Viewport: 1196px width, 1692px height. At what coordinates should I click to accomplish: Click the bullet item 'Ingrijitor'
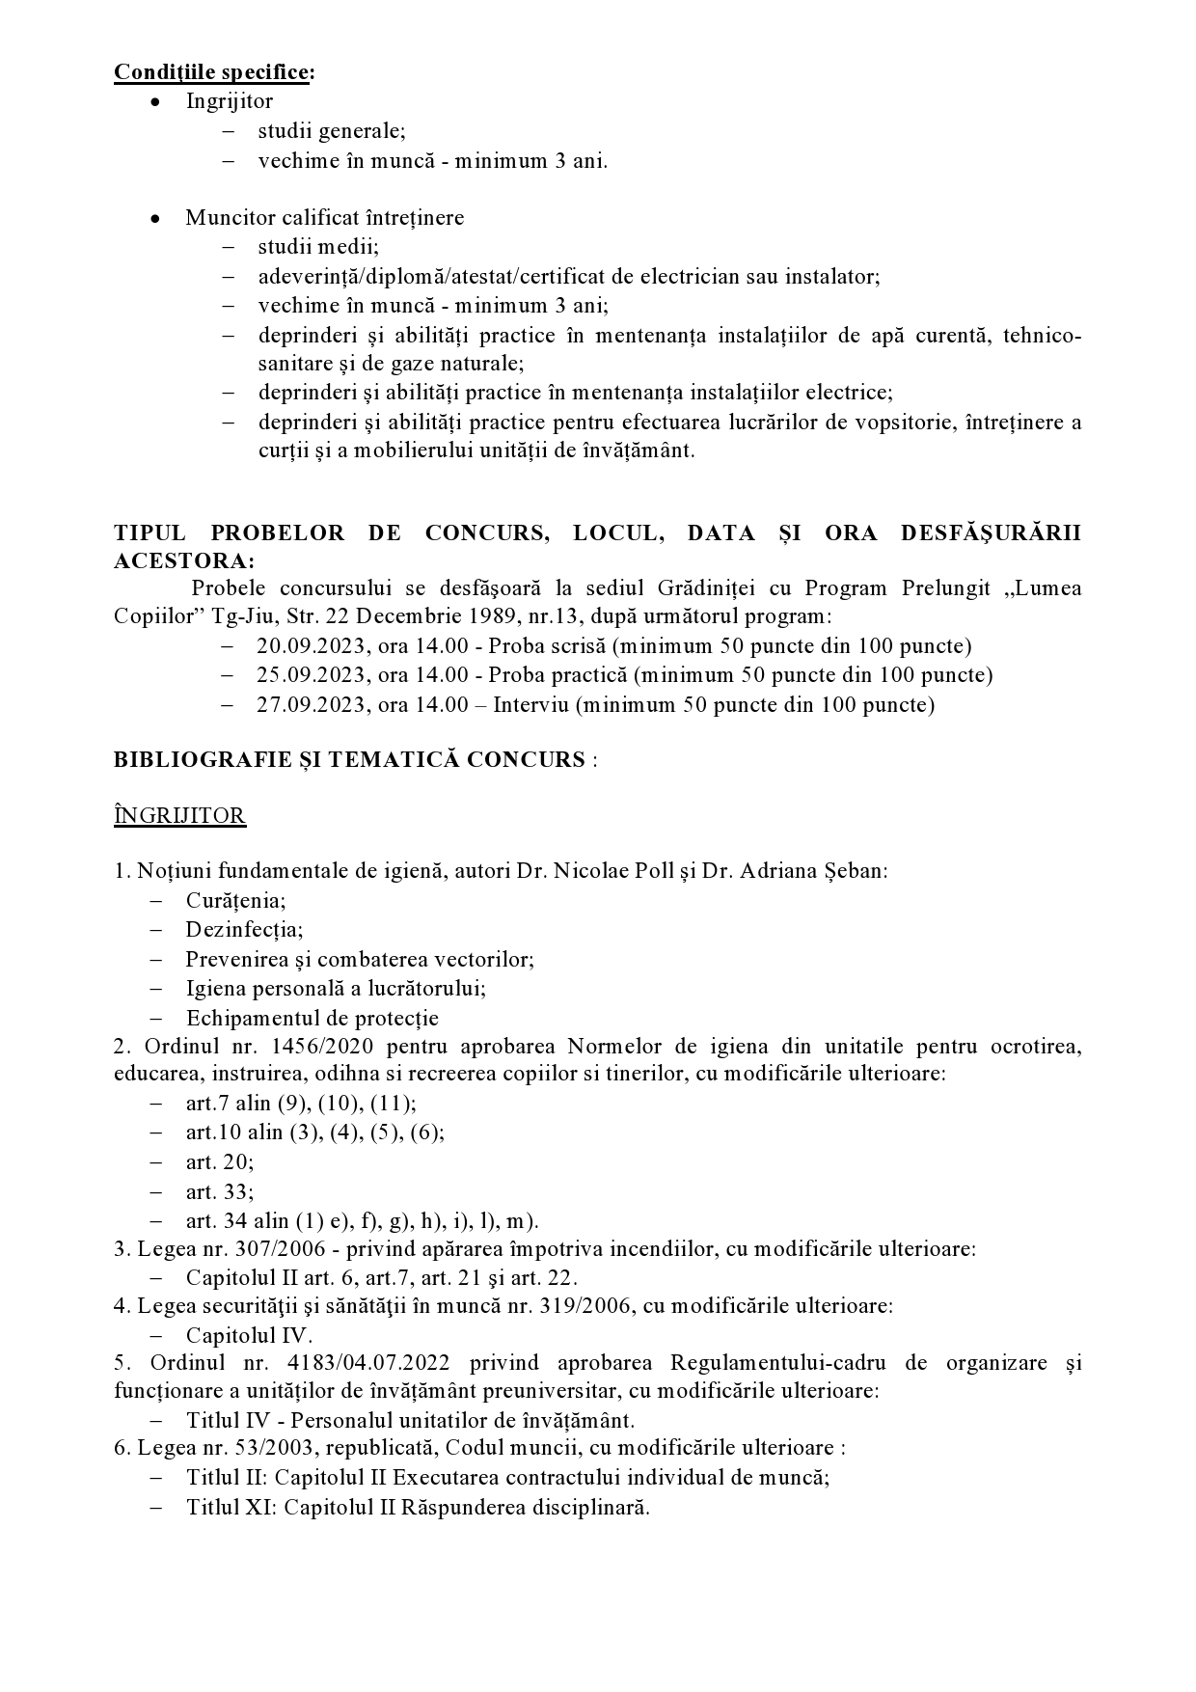point(230,101)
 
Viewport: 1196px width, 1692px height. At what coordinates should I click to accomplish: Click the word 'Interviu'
point(530,705)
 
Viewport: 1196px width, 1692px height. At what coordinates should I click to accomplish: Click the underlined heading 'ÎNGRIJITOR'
point(179,816)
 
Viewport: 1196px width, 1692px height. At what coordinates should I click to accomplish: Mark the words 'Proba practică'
point(548,675)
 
